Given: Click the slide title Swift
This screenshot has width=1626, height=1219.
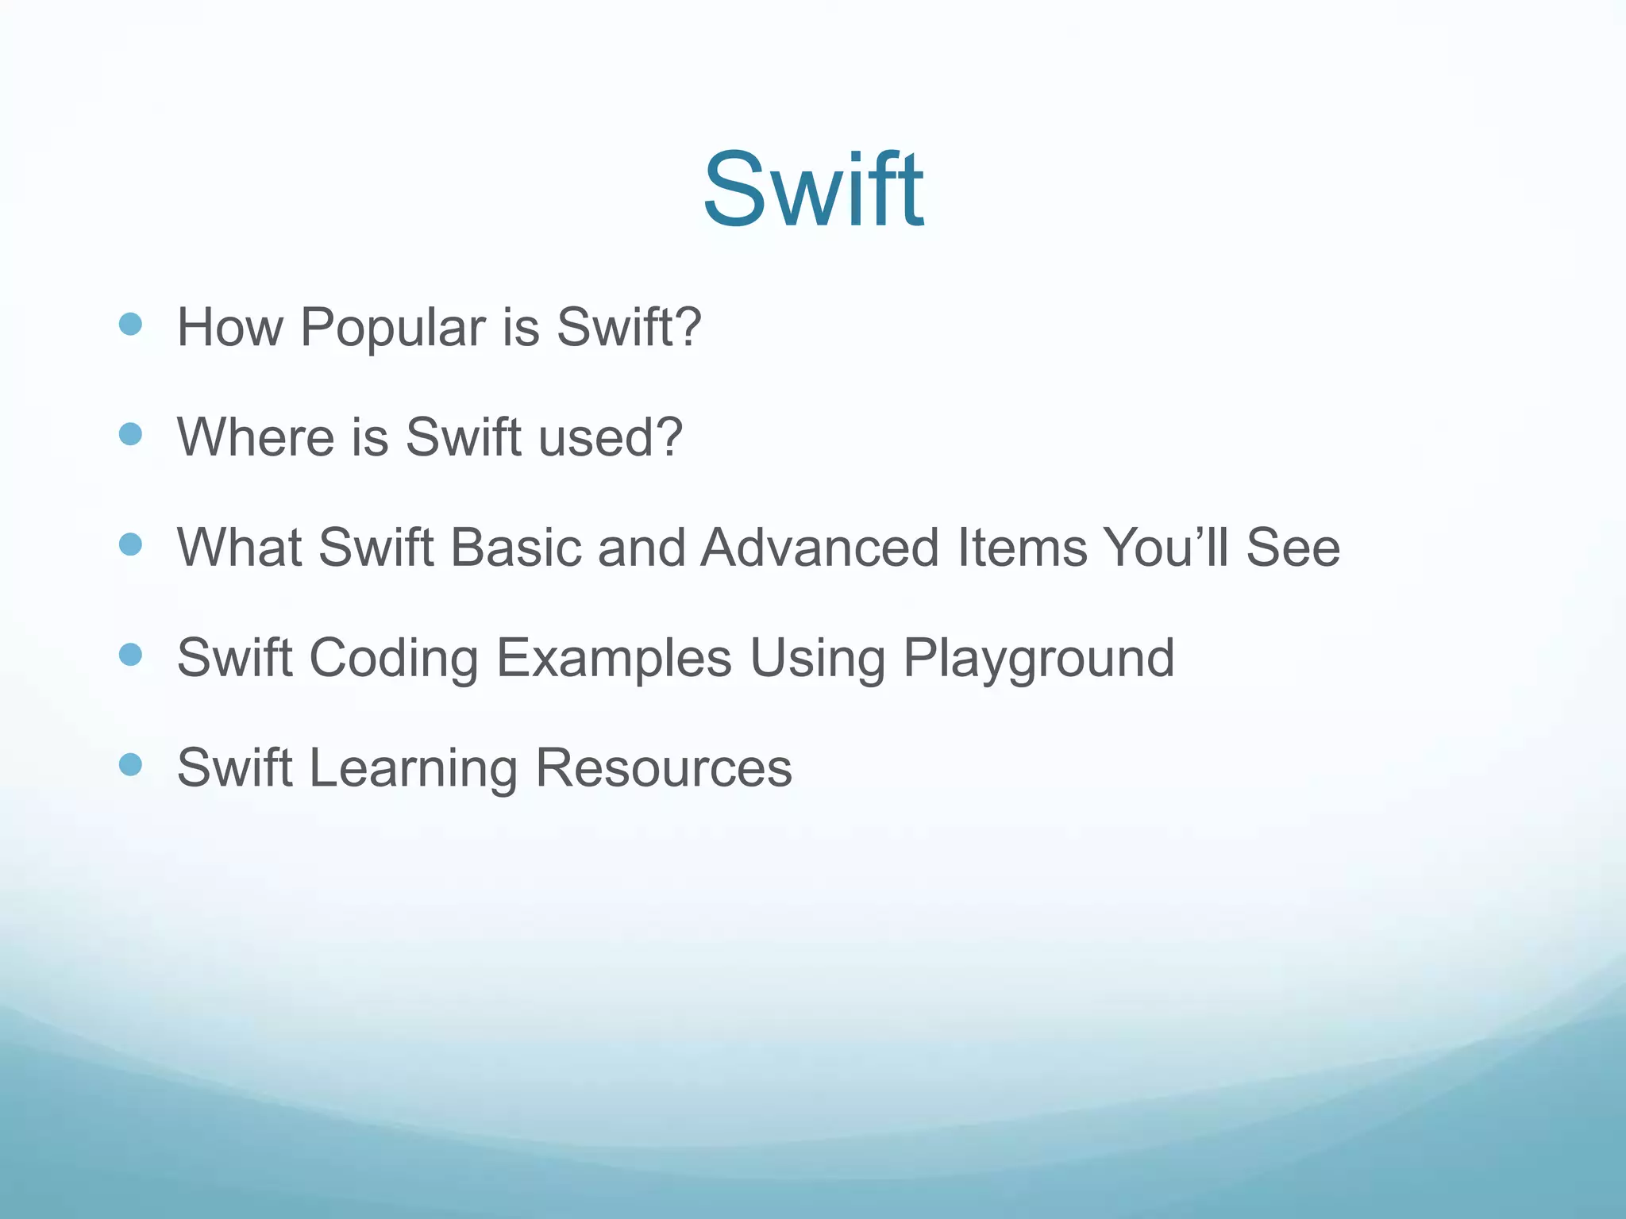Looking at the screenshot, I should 813,190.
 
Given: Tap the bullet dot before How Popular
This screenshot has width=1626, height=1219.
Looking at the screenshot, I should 130,324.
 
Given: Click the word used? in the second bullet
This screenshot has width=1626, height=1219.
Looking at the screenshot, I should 610,437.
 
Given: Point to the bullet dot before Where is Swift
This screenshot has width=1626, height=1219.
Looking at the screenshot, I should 130,434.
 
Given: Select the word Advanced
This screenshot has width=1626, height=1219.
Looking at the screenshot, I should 820,548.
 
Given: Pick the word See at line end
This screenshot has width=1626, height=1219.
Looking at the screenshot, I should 1293,548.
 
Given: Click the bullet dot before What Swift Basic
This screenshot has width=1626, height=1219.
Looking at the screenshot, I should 130,544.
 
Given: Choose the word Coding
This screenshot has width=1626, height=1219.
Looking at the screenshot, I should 394,658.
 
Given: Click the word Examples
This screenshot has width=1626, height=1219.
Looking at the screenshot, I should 614,658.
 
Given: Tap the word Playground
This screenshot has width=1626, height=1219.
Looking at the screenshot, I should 1038,658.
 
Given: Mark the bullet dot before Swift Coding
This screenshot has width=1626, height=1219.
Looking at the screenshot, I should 130,655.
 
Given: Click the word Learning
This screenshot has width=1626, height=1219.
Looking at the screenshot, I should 413,768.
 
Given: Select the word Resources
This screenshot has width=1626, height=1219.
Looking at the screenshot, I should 664,768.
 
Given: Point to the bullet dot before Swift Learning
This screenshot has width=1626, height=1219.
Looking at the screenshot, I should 130,765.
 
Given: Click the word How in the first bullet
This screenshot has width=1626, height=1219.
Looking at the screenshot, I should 229,328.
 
